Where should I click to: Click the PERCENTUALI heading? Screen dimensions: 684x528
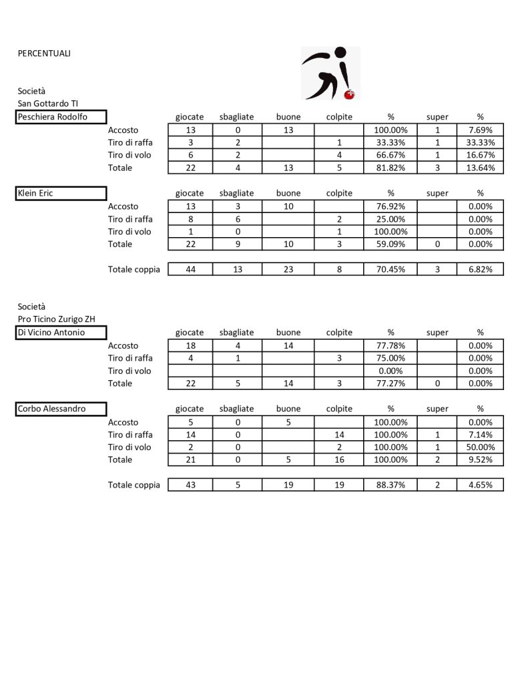tap(44, 53)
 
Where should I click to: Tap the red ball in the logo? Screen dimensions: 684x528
tap(348, 96)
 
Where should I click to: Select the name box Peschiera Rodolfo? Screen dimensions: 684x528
tap(61, 118)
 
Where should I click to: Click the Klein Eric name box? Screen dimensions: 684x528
tap(61, 194)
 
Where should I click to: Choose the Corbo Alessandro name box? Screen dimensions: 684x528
tap(61, 409)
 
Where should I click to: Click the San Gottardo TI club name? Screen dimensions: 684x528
tap(48, 104)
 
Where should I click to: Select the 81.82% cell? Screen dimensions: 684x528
tap(391, 168)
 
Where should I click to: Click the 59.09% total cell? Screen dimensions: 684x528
tap(391, 244)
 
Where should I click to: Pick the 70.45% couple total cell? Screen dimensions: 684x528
tap(391, 269)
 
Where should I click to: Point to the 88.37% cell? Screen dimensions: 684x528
tap(391, 485)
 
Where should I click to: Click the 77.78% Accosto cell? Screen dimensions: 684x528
tap(391, 346)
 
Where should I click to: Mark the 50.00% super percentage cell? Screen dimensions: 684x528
tap(480, 448)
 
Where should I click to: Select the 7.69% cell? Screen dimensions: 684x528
tap(480, 130)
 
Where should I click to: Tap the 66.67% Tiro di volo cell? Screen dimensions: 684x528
tap(391, 155)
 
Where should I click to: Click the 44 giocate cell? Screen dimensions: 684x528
tap(190, 269)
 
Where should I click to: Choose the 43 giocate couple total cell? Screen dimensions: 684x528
tap(190, 485)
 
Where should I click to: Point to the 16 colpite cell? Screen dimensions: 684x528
tap(339, 460)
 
